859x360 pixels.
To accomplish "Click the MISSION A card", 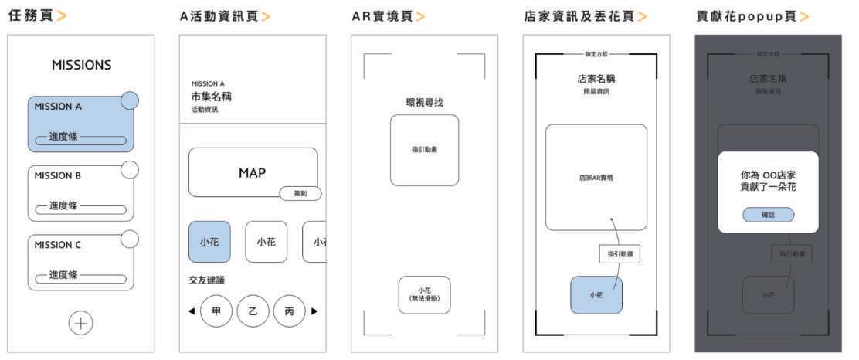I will click(80, 124).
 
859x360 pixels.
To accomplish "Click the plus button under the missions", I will click(80, 323).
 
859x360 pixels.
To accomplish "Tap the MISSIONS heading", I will click(82, 66).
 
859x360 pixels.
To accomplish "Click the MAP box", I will click(253, 172).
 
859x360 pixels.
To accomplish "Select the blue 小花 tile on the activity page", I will click(209, 243).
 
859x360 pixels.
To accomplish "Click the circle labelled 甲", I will click(216, 311).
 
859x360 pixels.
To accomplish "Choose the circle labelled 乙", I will click(253, 311).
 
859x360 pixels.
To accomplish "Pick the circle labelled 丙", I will click(289, 311).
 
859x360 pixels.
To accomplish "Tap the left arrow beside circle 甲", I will click(192, 311).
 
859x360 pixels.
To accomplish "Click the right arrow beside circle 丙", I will click(314, 311).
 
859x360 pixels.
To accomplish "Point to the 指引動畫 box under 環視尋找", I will click(424, 150).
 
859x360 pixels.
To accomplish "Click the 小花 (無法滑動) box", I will click(424, 294).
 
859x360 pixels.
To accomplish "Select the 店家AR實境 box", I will click(596, 177).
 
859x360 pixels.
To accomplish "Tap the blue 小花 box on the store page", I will click(596, 294).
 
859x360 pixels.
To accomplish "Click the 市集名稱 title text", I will click(212, 97).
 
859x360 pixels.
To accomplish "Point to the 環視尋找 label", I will click(424, 103).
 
